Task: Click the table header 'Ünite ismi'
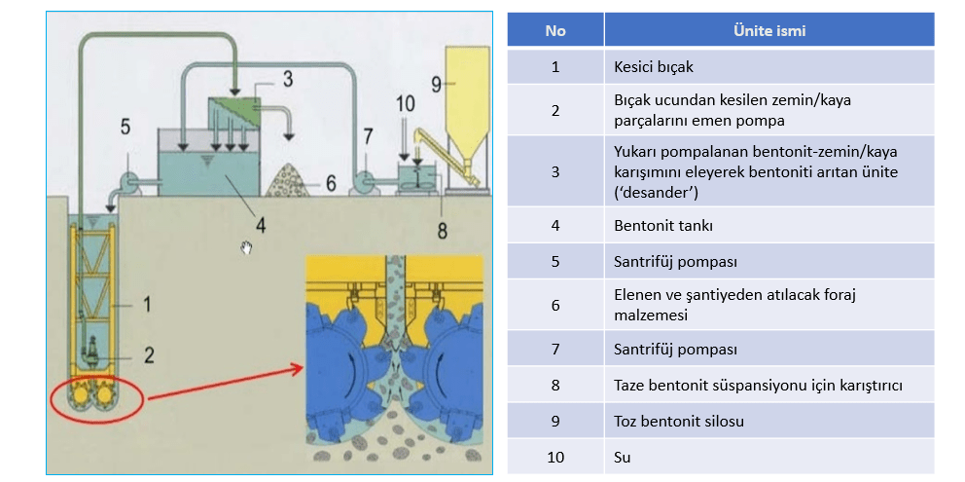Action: tap(768, 30)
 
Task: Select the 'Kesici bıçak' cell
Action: tap(768, 67)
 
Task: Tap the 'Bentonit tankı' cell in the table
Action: tap(768, 225)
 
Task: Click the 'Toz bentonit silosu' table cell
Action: tap(768, 422)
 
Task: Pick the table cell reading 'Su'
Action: tap(768, 456)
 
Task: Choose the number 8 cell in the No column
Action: tap(554, 385)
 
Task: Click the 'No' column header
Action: tap(554, 30)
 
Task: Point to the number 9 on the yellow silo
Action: tap(437, 83)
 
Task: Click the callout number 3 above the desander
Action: tap(287, 78)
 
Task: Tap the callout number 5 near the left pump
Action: tap(125, 126)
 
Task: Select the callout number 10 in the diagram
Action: tap(406, 102)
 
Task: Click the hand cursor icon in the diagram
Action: tap(247, 247)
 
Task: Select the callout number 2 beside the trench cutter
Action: tap(148, 354)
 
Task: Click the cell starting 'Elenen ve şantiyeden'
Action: tap(768, 304)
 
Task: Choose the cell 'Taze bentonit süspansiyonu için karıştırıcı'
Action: tap(768, 385)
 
